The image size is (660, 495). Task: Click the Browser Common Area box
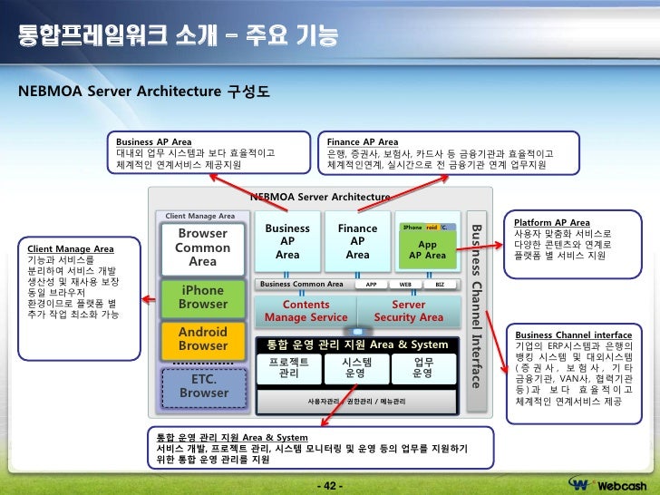coord(202,247)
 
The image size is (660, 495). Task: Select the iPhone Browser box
coord(202,297)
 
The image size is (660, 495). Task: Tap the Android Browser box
coord(202,339)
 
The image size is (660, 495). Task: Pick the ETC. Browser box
coord(203,386)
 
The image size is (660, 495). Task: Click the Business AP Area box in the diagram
coord(287,242)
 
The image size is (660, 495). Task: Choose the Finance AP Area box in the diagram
coord(357,242)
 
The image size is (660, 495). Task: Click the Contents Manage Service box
coord(306,311)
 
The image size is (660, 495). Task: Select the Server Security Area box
coord(408,311)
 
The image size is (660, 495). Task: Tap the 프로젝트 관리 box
coord(289,367)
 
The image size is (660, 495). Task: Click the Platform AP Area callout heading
coord(551,222)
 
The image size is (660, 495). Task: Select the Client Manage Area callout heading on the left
coord(71,247)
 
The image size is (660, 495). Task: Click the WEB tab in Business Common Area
coord(405,284)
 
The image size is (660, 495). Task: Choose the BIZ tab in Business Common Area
coord(440,284)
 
